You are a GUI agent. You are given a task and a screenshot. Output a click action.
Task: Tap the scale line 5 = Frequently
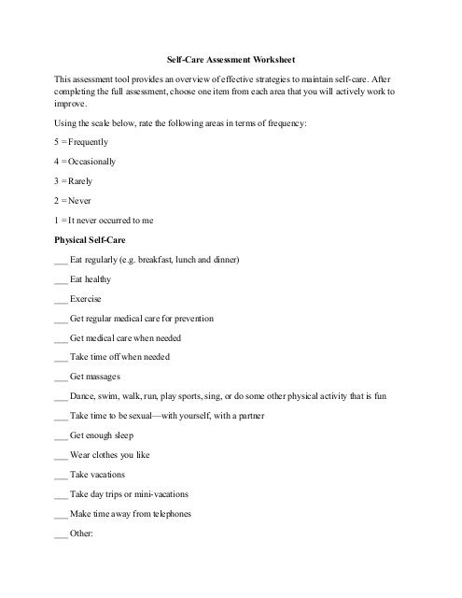(82, 142)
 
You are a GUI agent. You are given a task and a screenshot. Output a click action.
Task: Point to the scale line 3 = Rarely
(77, 181)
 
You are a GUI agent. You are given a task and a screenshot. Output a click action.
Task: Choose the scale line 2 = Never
(76, 200)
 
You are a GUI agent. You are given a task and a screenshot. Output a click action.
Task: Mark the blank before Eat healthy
(62, 278)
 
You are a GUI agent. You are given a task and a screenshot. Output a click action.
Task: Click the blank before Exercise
(62, 298)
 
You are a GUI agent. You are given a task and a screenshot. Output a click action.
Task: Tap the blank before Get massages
(62, 377)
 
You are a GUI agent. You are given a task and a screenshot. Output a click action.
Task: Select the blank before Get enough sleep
(62, 435)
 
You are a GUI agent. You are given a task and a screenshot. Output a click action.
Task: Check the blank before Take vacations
(62, 475)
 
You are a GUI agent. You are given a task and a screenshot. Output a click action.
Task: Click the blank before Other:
(62, 534)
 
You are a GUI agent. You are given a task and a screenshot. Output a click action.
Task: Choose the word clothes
(106, 455)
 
